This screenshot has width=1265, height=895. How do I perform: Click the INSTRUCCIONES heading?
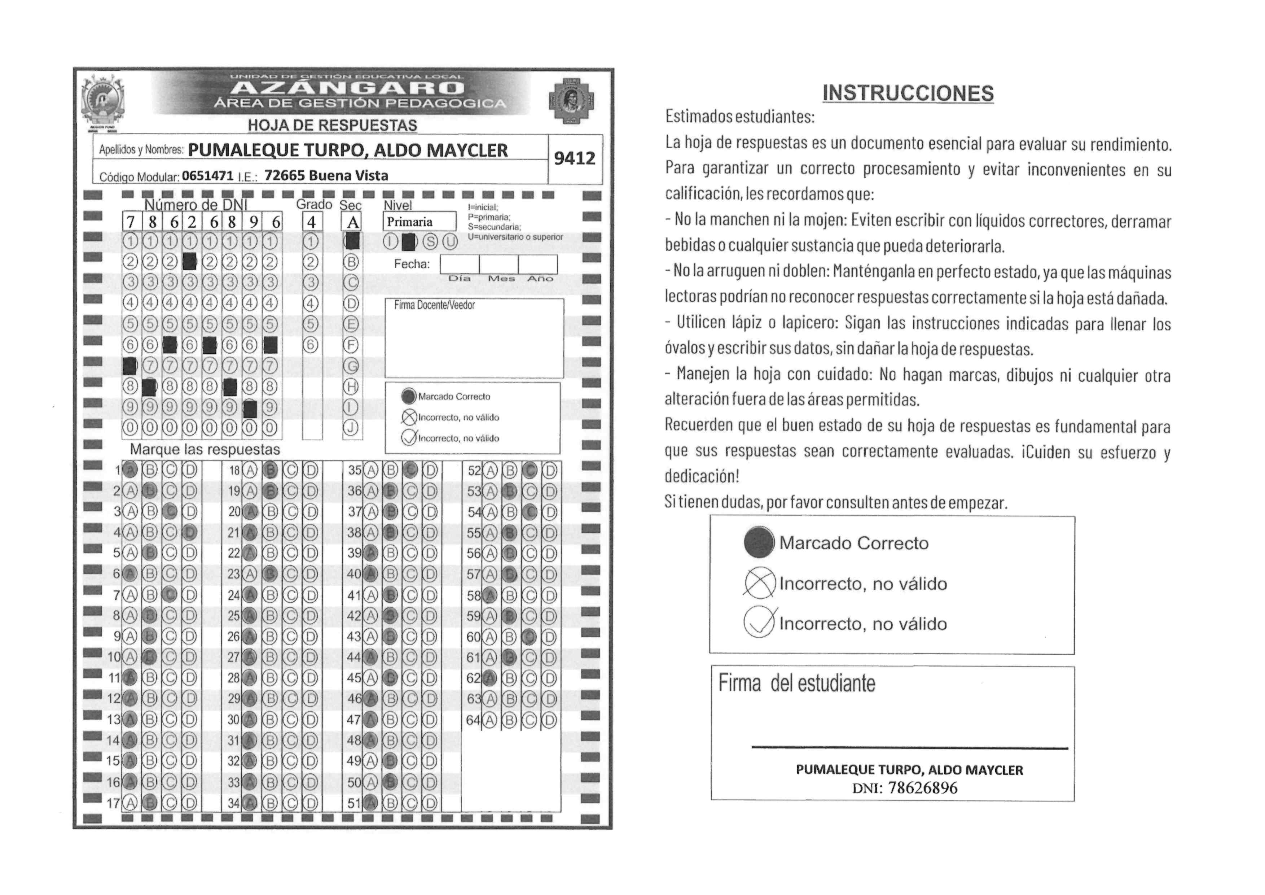(908, 93)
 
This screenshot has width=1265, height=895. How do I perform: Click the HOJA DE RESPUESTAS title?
(332, 126)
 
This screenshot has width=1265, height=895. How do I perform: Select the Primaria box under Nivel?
(419, 222)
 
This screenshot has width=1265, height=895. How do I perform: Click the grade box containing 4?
(312, 222)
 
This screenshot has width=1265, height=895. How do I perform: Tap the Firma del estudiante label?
(797, 684)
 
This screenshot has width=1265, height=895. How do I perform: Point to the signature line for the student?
(909, 748)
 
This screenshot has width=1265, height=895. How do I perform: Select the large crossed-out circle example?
(759, 583)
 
